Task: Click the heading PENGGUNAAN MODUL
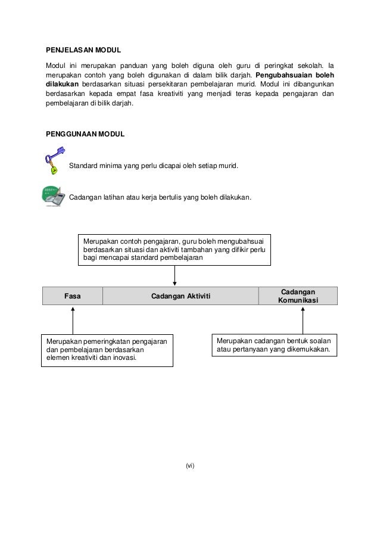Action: [85, 135]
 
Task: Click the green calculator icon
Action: [52, 196]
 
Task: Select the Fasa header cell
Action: [73, 296]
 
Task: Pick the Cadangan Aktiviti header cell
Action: [180, 296]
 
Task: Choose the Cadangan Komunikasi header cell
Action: [298, 296]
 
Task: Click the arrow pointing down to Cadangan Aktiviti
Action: [175, 275]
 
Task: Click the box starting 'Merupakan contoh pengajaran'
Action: [175, 248]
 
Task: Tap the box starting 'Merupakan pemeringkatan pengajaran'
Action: [107, 350]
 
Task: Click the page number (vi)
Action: [190, 465]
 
